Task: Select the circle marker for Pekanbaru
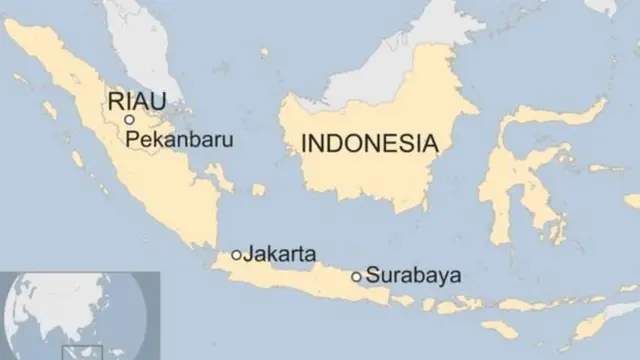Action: coord(129,119)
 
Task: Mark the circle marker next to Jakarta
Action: coord(236,255)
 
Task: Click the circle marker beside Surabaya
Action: coord(356,276)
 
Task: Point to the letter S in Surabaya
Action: coord(372,274)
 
